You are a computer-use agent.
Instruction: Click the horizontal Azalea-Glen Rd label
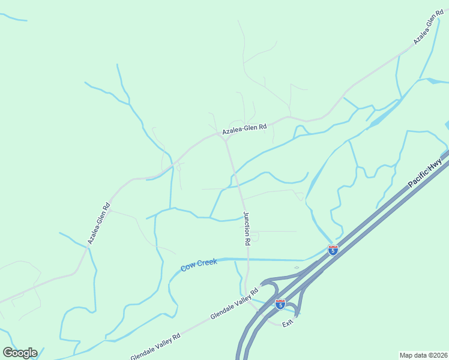point(244,130)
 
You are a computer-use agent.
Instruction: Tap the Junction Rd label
point(246,229)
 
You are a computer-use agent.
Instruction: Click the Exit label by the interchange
point(288,323)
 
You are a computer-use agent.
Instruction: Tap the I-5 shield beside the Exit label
point(280,304)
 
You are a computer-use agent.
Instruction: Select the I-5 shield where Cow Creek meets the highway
point(333,250)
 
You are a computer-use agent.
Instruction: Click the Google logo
point(20,352)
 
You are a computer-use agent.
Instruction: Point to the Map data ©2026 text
point(423,355)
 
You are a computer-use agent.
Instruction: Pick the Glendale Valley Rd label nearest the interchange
point(234,307)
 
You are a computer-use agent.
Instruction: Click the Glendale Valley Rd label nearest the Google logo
point(155,347)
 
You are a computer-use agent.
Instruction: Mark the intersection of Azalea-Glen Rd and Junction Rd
point(224,139)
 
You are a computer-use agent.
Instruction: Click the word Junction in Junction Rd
point(246,222)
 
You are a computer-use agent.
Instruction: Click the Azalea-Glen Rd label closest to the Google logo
point(99,223)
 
